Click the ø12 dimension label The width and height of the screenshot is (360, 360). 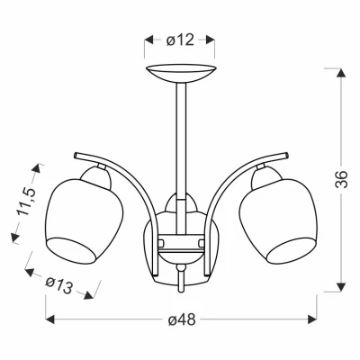coord(180,40)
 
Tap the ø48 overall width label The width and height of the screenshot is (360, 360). coord(182,319)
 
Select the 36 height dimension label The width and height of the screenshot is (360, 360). coord(341,179)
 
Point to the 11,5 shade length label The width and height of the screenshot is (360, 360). coord(27,202)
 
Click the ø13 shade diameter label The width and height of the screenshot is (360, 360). coord(59,285)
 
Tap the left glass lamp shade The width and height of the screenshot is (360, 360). coord(85,221)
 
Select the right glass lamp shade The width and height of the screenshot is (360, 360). coord(278,221)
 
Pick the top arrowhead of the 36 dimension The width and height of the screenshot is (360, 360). coord(340,73)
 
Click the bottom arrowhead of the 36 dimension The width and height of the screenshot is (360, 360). coord(340,287)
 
